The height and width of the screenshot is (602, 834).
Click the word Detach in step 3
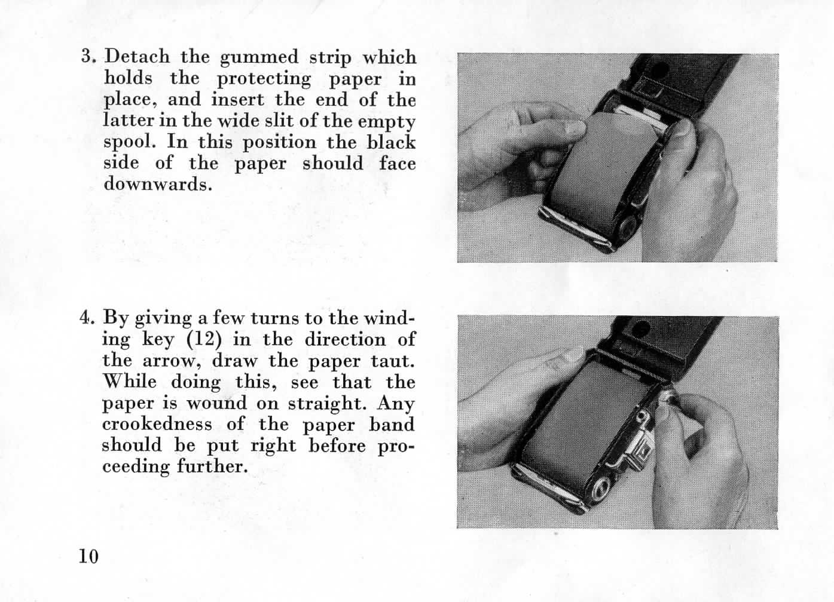tap(137, 57)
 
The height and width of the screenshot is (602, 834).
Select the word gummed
tap(258, 58)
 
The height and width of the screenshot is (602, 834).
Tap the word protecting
tap(264, 79)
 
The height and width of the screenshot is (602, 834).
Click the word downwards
tap(157, 184)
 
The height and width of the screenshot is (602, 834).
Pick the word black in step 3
tap(391, 142)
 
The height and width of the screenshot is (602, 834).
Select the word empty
tap(386, 121)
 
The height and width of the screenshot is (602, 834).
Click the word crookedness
tap(157, 424)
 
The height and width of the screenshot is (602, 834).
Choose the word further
tap(212, 466)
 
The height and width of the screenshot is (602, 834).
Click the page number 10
tap(88, 555)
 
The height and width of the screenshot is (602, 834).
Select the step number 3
tap(88, 57)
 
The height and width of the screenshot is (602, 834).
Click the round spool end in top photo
tap(628, 226)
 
